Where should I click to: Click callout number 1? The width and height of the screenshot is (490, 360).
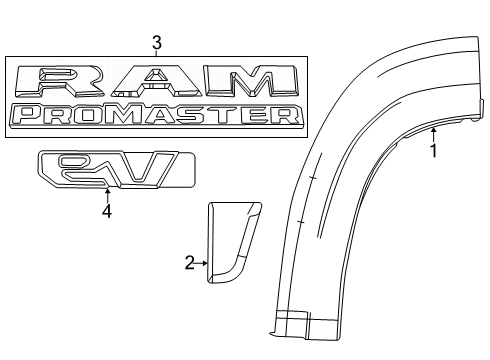coord(433,152)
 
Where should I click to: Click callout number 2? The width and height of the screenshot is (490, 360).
coord(189,263)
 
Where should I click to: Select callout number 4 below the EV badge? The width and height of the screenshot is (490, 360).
coord(107,211)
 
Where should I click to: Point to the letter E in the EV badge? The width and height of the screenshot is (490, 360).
coord(80,168)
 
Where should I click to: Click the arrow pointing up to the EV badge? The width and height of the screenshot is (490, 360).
coord(107,193)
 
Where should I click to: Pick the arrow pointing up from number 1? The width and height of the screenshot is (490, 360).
coord(433,134)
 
